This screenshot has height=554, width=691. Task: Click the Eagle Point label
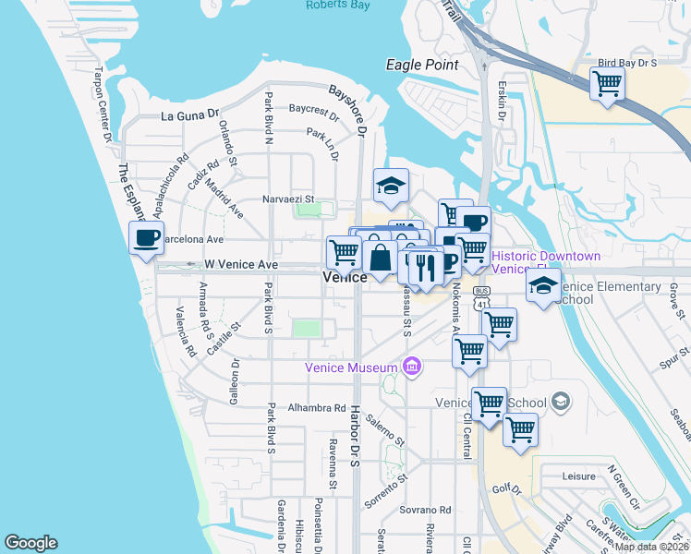pos(422,65)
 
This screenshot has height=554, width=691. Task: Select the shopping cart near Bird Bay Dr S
pos(607,84)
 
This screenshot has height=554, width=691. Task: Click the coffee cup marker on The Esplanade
pos(146,238)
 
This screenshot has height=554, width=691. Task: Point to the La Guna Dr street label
pos(189,116)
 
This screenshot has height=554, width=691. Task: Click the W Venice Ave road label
pos(240,265)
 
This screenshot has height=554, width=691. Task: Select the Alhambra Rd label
pos(316,407)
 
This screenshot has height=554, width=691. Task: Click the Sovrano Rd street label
pos(425,510)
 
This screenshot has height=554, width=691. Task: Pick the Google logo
pos(30,543)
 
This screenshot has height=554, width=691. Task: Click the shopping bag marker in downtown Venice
pos(380,258)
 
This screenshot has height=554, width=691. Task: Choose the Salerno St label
pos(385,430)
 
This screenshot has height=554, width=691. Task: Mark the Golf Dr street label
pos(508,489)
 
